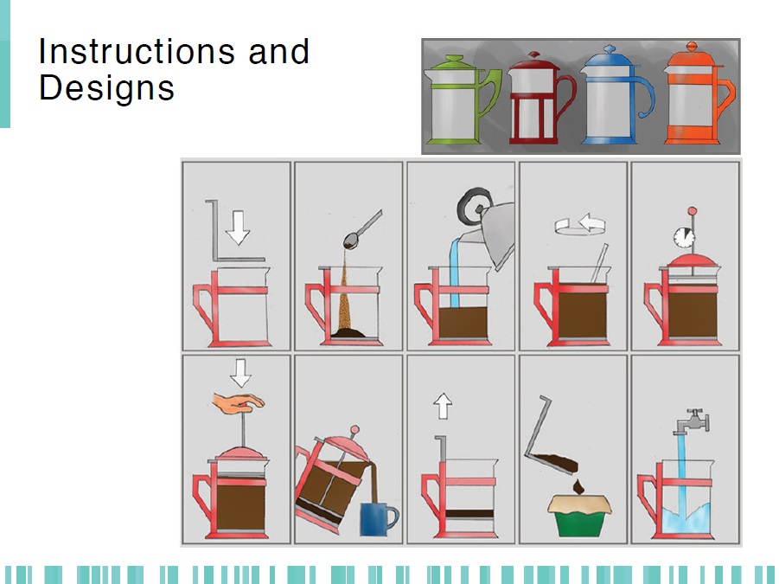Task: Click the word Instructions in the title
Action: click(x=137, y=51)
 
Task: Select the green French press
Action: click(x=461, y=99)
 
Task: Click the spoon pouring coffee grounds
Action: click(x=362, y=229)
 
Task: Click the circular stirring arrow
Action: click(x=580, y=224)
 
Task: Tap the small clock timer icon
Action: click(x=684, y=238)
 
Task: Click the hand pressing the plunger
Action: click(x=238, y=403)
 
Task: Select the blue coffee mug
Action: click(x=379, y=518)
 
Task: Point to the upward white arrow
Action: click(x=443, y=406)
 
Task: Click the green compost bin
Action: click(x=579, y=516)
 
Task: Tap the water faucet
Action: click(x=693, y=421)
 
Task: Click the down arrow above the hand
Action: click(x=241, y=373)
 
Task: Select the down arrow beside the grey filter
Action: click(x=238, y=228)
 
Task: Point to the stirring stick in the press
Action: click(x=599, y=263)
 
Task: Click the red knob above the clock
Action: click(x=692, y=211)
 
